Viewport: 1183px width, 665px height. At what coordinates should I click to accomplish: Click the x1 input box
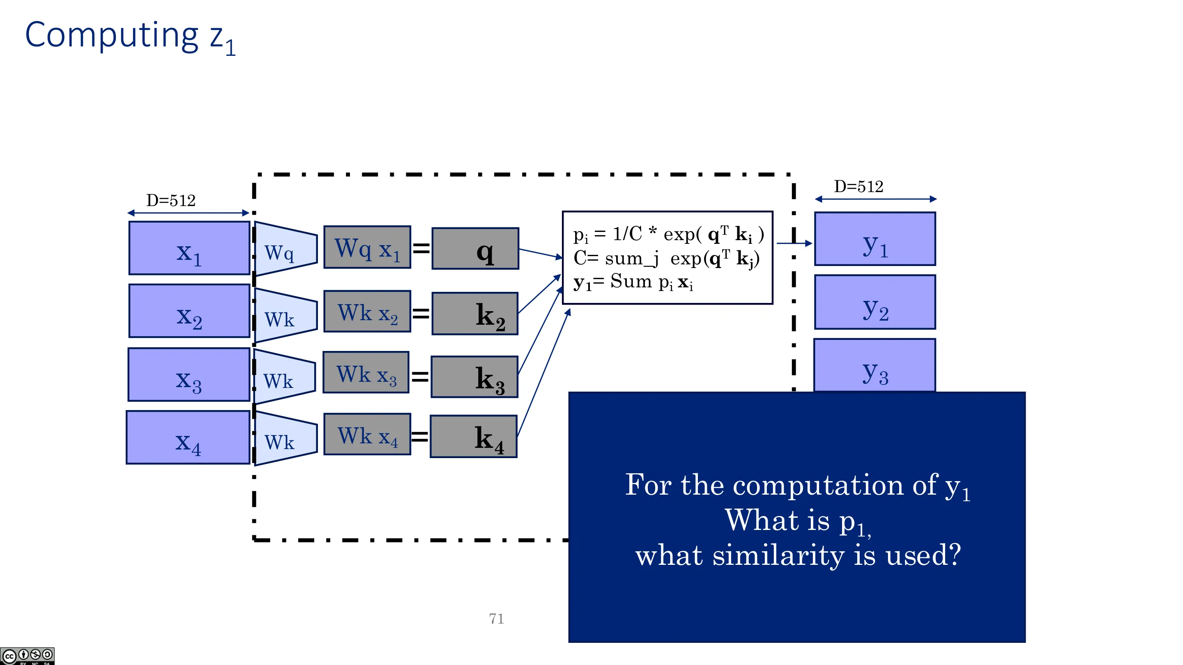tap(189, 248)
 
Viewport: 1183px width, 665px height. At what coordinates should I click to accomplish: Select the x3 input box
tap(189, 374)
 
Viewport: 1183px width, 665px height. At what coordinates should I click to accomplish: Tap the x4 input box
tap(188, 437)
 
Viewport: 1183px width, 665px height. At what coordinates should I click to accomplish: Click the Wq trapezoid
tap(285, 249)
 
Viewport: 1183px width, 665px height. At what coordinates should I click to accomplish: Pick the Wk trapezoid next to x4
tap(285, 439)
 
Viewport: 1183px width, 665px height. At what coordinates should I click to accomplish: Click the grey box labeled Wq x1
tap(367, 247)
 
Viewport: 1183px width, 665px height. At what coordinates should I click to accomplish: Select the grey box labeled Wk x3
tap(366, 372)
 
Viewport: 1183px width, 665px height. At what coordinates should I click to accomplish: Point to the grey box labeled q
tap(475, 248)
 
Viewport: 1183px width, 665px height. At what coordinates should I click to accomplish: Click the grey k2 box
tap(475, 314)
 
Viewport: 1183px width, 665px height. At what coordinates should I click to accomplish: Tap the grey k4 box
tap(474, 436)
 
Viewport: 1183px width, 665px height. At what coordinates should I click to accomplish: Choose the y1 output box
tap(875, 238)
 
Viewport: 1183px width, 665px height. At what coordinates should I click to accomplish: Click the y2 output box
tap(875, 302)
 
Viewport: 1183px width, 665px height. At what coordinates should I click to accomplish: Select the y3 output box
tap(875, 365)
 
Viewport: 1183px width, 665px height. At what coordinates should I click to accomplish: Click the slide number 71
tap(497, 619)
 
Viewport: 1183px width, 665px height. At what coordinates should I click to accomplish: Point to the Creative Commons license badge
tap(27, 656)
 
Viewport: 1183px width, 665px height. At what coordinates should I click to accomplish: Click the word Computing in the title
tap(112, 36)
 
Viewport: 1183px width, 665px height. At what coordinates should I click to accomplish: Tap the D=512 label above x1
tap(171, 201)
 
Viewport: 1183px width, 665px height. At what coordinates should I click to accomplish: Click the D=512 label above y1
tap(858, 187)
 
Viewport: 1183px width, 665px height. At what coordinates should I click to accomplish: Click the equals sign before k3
tap(420, 377)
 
